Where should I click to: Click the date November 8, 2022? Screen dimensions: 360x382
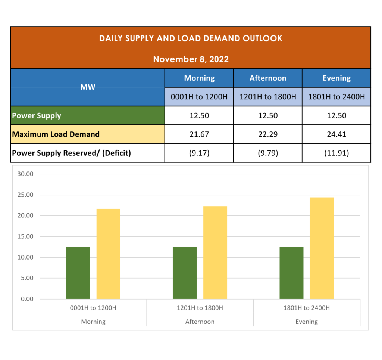click(191, 59)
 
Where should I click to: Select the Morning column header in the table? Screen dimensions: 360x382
click(199, 78)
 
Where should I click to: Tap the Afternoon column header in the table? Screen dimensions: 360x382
click(268, 78)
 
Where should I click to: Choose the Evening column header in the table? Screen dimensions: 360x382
click(336, 78)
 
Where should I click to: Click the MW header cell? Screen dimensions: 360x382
click(88, 87)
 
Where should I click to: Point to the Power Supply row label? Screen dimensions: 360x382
click(37, 115)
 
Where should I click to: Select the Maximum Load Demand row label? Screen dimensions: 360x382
click(56, 134)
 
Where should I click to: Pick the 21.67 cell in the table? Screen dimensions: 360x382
click(199, 134)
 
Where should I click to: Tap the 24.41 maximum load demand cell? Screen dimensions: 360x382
click(336, 134)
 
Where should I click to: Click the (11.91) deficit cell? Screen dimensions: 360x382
click(336, 153)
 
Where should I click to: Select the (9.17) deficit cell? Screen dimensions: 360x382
click(199, 153)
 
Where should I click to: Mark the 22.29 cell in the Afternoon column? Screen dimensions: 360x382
click(268, 134)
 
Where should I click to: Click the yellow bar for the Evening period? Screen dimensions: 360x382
click(322, 248)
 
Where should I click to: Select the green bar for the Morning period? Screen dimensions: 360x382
click(78, 273)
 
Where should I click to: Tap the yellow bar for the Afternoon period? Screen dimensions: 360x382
click(215, 252)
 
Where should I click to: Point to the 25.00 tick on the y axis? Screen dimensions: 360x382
click(26, 195)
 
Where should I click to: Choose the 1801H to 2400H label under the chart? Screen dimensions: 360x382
click(307, 308)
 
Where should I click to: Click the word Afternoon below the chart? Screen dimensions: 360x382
click(200, 322)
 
